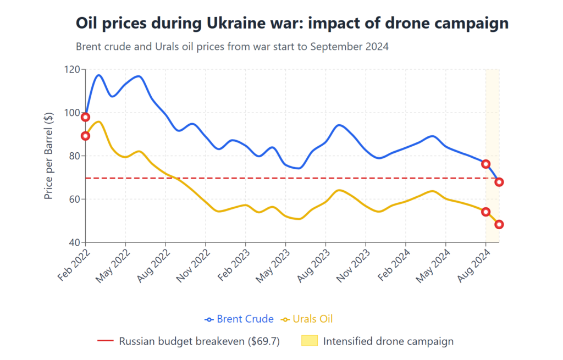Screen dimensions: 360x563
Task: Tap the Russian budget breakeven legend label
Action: click(199, 341)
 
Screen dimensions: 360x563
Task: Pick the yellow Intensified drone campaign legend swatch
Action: click(310, 341)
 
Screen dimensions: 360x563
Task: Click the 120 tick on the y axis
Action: click(72, 70)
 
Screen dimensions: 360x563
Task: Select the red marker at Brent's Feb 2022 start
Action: click(85, 117)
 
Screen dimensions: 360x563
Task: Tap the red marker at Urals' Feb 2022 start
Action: click(85, 136)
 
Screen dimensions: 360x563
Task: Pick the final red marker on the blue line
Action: click(499, 182)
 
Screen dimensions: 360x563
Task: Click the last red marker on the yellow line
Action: click(499, 224)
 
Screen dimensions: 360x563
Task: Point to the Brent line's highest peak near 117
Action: click(99, 75)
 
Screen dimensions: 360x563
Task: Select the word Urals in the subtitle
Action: click(175, 47)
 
